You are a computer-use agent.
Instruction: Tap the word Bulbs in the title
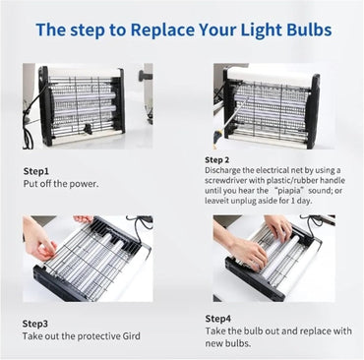(309, 30)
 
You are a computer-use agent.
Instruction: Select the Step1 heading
(36, 171)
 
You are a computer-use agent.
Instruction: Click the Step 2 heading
(217, 160)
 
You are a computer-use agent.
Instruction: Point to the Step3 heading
(35, 324)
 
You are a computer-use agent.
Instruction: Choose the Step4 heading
(218, 319)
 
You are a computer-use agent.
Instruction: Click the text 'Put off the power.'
(61, 184)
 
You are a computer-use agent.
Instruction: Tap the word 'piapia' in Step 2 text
(292, 190)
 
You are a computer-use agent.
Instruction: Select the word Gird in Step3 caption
(132, 336)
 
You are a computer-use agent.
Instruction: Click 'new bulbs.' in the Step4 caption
(228, 343)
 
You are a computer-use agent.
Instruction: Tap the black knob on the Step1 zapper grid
(88, 129)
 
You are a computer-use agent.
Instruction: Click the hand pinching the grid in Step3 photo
(37, 238)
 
